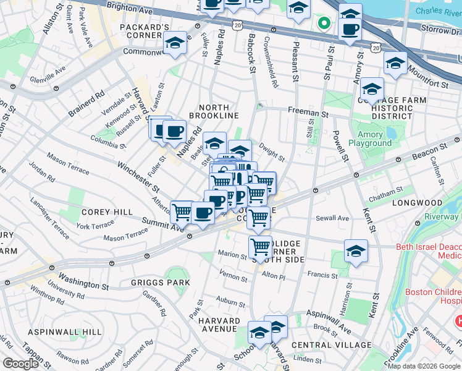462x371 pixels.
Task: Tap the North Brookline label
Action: click(214, 111)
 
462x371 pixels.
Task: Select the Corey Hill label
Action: click(107, 212)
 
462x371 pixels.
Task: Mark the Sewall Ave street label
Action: click(334, 218)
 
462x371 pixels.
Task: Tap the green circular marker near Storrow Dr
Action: click(322, 24)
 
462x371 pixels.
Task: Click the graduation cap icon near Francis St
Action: click(356, 251)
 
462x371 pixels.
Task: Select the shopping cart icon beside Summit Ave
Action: click(182, 211)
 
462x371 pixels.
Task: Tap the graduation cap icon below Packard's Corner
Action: click(175, 43)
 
